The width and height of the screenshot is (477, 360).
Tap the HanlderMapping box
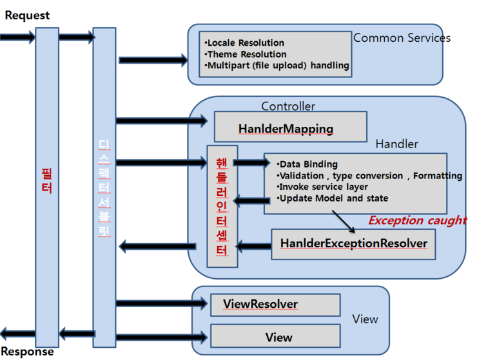[x=289, y=128]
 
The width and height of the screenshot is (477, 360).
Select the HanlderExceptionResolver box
[x=353, y=243]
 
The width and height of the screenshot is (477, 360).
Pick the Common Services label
[x=402, y=38]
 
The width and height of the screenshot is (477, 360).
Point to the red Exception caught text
[x=417, y=220]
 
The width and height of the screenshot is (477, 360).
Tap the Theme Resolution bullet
[x=245, y=54]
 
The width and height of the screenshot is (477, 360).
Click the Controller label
[x=287, y=106]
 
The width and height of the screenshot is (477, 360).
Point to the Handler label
[x=396, y=144]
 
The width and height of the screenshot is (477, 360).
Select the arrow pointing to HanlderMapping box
[x=161, y=120]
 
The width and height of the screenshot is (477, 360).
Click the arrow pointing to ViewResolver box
[x=161, y=303]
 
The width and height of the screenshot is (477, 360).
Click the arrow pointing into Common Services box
[x=152, y=61]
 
